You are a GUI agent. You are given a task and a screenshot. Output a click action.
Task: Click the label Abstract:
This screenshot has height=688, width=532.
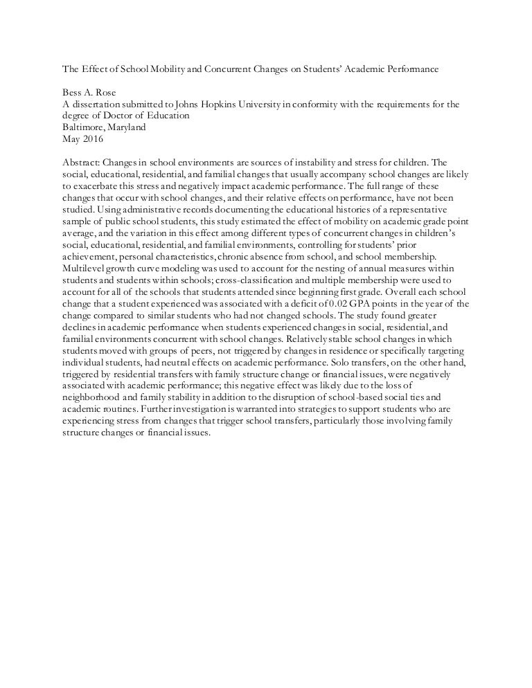[72, 157]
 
